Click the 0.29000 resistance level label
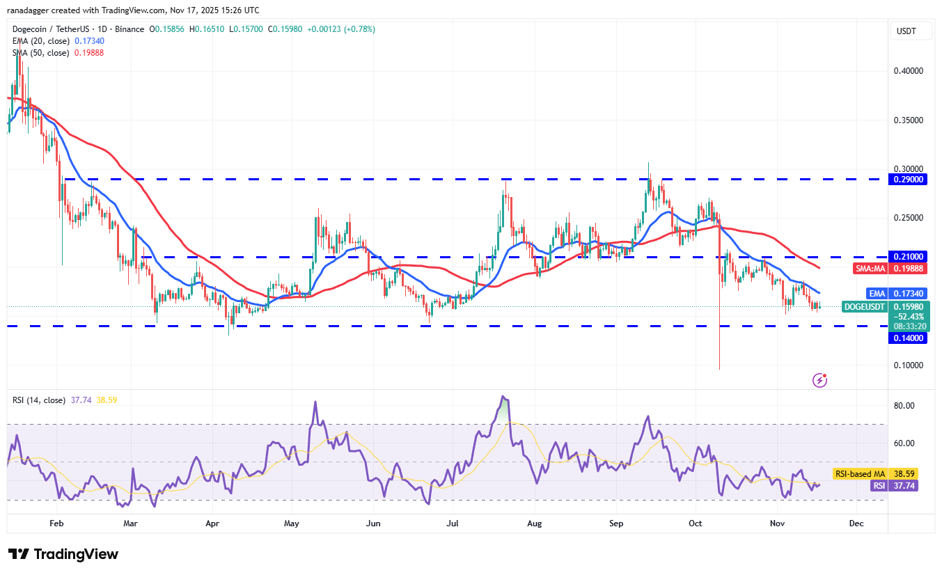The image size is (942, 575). pyautogui.click(x=908, y=179)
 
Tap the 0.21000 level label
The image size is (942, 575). pyautogui.click(x=908, y=256)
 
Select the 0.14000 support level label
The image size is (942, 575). pyautogui.click(x=908, y=338)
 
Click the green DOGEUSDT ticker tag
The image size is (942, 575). pyautogui.click(x=865, y=306)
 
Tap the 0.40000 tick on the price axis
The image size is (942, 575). pyautogui.click(x=908, y=71)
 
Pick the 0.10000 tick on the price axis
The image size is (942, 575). pyautogui.click(x=908, y=365)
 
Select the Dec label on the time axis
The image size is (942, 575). pyautogui.click(x=856, y=523)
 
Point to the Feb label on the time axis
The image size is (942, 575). pyautogui.click(x=56, y=523)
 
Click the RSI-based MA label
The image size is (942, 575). pyautogui.click(x=862, y=473)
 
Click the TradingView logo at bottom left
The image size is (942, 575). pyautogui.click(x=63, y=554)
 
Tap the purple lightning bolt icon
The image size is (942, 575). pyautogui.click(x=820, y=380)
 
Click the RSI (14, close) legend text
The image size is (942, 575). pyautogui.click(x=39, y=400)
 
